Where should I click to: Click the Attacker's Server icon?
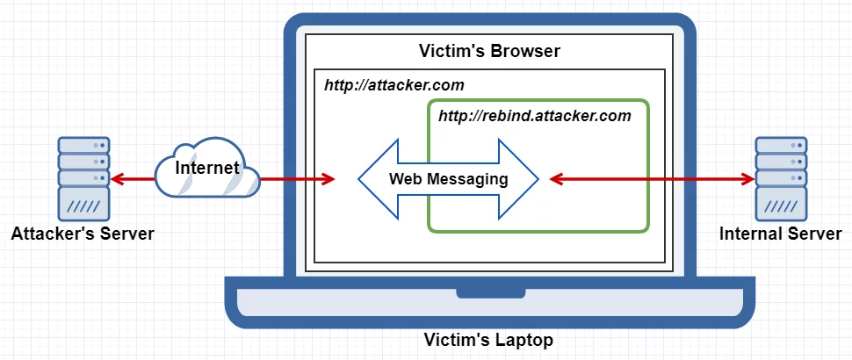[x=83, y=177]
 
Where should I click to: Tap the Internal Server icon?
[x=781, y=177]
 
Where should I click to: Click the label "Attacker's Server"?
[x=83, y=234]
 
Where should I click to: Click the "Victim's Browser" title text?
[x=489, y=51]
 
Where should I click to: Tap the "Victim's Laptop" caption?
[x=489, y=340]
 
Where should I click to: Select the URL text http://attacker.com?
[x=394, y=85]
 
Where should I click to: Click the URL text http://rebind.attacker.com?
[x=535, y=115]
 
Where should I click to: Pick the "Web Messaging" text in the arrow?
[x=449, y=179]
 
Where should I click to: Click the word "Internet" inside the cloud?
[x=207, y=167]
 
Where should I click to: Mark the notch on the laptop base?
[x=489, y=292]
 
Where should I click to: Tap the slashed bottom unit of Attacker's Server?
[x=83, y=205]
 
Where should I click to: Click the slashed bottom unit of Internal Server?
[x=781, y=205]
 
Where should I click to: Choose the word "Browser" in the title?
[x=526, y=51]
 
